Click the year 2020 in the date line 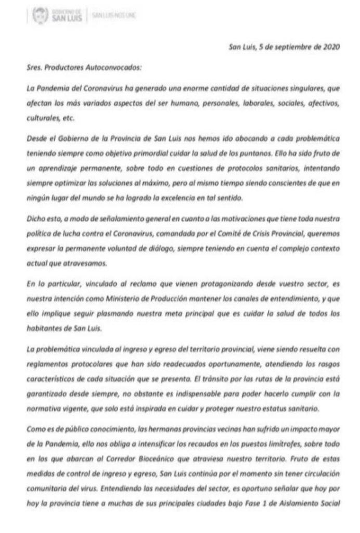click(330, 47)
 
